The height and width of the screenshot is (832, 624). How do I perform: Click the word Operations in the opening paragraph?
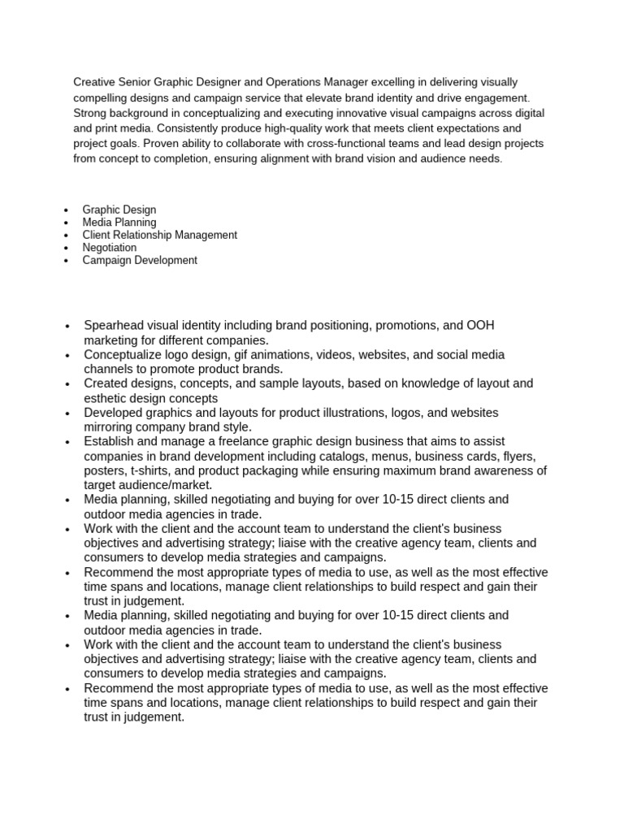pyautogui.click(x=280, y=82)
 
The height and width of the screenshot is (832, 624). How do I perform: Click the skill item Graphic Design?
pyautogui.click(x=119, y=210)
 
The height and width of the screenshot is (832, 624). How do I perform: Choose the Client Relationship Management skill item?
pyautogui.click(x=160, y=235)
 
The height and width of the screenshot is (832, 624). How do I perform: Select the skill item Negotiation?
pyautogui.click(x=110, y=248)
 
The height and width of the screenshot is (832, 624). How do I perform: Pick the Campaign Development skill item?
pyautogui.click(x=140, y=261)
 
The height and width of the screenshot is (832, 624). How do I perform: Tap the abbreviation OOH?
pyautogui.click(x=479, y=325)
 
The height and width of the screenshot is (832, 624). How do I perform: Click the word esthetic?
pyautogui.click(x=106, y=398)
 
